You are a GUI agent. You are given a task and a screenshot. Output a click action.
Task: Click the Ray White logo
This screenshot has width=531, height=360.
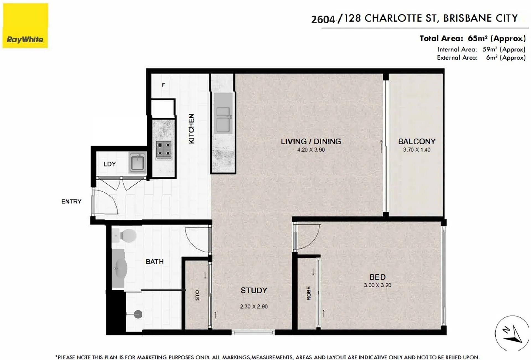[x=25, y=25]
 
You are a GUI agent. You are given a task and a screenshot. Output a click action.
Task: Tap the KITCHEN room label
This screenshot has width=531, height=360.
[x=191, y=129]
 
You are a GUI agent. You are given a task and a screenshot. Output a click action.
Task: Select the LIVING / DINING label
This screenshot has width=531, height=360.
[x=311, y=141]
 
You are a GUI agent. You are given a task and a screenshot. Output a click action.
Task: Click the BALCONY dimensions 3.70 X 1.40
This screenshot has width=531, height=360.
[x=416, y=150]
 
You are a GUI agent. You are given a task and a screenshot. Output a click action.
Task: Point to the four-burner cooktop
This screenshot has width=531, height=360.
[x=164, y=150]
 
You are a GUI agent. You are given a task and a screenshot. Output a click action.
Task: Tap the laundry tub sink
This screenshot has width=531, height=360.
[x=138, y=162]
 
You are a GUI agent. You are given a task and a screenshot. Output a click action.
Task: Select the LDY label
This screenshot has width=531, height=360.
[x=110, y=164]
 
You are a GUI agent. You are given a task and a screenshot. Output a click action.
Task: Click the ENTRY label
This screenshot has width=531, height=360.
[x=71, y=201]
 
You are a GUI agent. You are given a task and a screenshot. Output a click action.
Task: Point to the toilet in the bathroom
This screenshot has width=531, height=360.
[x=124, y=235]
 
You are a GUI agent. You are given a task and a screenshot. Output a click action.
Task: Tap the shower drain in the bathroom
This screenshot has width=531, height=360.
[x=138, y=314]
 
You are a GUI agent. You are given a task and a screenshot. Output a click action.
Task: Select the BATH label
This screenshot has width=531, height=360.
[x=155, y=261]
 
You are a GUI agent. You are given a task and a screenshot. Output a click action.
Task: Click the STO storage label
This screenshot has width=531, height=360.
[x=197, y=295]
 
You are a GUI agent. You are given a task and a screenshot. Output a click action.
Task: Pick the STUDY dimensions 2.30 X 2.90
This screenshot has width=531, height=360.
[x=254, y=307]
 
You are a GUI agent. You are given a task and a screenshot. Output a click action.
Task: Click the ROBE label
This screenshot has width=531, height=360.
[x=309, y=293]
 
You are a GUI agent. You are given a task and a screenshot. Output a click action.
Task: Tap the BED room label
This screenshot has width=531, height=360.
[x=377, y=277]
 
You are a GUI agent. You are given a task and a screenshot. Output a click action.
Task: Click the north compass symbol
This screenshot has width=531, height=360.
[x=512, y=333]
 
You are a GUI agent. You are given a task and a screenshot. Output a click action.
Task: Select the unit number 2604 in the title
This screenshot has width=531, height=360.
[x=323, y=19]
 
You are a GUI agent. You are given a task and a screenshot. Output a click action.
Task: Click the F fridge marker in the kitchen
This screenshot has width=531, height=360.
[x=163, y=85]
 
